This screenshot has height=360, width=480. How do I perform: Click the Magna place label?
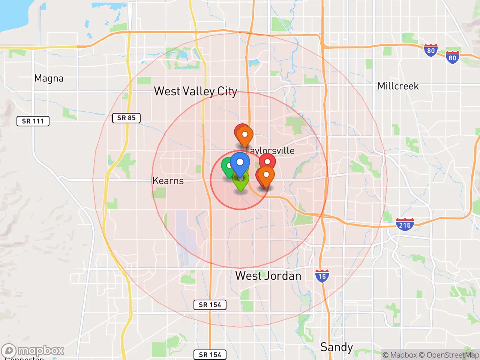click(49, 78)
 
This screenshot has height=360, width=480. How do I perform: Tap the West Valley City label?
click(195, 91)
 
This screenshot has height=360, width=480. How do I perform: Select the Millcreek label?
click(398, 86)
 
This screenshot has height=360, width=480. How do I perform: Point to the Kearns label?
click(168, 181)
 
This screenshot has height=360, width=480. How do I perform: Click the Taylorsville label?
click(271, 150)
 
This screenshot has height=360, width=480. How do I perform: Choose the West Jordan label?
click(268, 276)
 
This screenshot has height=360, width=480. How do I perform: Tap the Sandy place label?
click(336, 347)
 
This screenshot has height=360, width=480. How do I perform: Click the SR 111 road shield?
click(33, 121)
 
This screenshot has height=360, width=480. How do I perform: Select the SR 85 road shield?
click(126, 118)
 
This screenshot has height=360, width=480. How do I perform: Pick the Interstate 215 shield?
click(405, 225)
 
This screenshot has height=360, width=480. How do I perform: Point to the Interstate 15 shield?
click(322, 276)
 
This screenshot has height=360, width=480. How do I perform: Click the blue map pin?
click(240, 163)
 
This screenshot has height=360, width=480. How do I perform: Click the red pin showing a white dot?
click(267, 162)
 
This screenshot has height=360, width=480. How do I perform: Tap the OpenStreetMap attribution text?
click(453, 355)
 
